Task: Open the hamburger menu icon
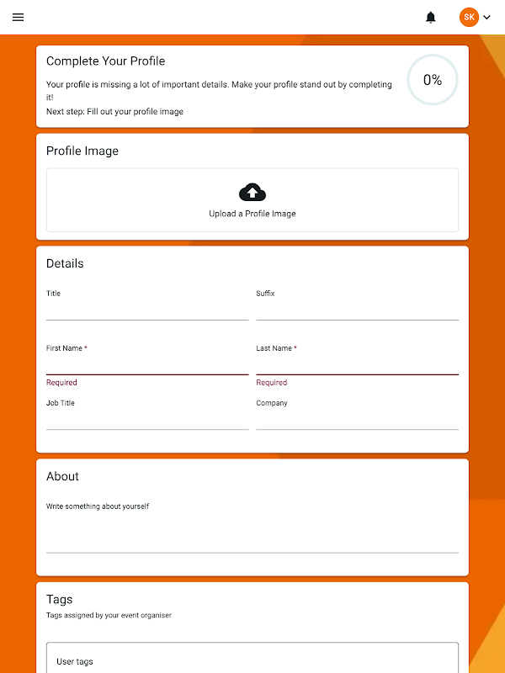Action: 19,17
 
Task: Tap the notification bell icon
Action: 431,17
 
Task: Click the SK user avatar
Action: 469,17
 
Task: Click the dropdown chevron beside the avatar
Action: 487,17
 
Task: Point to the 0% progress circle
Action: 433,80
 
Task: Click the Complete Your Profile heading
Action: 105,61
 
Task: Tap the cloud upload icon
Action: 252,193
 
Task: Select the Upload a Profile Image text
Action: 252,214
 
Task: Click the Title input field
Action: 147,310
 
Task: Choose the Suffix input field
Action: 357,310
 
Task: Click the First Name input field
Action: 147,364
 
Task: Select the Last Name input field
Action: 357,364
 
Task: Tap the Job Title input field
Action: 147,420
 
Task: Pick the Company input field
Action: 357,420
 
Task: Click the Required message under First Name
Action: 61,383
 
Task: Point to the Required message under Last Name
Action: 271,383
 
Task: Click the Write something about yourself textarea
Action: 252,530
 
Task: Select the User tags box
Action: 252,660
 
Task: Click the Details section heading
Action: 65,263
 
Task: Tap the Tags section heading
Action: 59,599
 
